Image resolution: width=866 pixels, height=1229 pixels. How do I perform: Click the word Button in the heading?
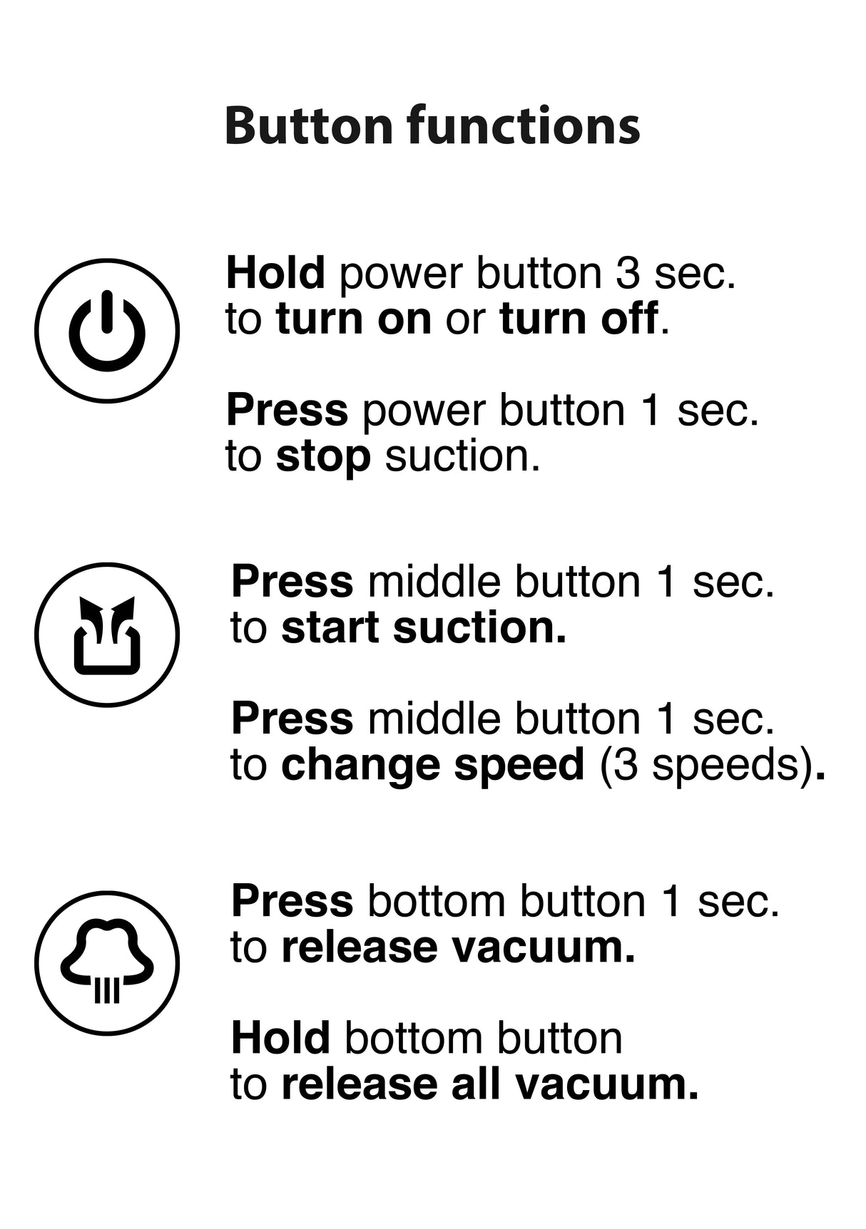(309, 125)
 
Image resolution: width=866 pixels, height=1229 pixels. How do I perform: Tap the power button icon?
(107, 330)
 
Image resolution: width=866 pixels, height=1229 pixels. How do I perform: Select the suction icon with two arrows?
(107, 634)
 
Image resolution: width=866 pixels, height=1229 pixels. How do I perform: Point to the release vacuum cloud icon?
(107, 962)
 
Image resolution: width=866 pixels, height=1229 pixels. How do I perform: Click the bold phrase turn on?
(354, 319)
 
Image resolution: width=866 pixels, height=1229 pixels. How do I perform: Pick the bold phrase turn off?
(579, 319)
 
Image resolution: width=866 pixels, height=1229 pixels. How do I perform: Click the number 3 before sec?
(628, 273)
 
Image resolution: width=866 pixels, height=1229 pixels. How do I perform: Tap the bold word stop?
(323, 456)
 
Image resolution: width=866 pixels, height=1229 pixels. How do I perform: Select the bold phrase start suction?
(424, 627)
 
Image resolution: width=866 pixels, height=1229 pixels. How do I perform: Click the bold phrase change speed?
(433, 765)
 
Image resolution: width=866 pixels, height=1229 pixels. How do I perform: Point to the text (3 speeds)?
(707, 765)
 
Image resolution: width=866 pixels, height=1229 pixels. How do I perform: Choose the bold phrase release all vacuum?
(490, 1084)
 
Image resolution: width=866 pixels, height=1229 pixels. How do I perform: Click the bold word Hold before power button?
(275, 273)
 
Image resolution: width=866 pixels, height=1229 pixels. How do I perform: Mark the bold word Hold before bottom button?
(280, 1038)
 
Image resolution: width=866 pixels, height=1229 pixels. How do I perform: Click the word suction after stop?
(462, 456)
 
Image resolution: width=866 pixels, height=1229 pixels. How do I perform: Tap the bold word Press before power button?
(287, 411)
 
